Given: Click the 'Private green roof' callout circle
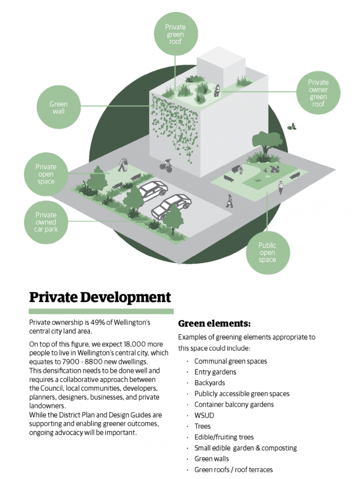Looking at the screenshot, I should click(175, 35).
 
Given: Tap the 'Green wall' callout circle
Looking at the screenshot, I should click(58, 107).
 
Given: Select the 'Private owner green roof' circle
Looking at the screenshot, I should click(318, 93).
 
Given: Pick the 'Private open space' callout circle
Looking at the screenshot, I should click(45, 174).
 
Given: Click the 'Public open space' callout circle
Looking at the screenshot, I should click(267, 253).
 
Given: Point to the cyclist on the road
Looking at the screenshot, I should click(165, 165).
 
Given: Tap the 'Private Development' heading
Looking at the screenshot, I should click(100, 297).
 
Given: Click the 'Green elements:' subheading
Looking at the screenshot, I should click(214, 323).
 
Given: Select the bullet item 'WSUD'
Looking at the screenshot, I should click(203, 415).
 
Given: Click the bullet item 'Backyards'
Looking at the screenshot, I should click(210, 383).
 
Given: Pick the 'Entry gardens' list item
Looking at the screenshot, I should click(215, 372).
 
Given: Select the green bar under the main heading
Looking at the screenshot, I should click(101, 311).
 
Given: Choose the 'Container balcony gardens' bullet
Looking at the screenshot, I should click(234, 404).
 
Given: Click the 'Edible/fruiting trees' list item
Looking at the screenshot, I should click(224, 437).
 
